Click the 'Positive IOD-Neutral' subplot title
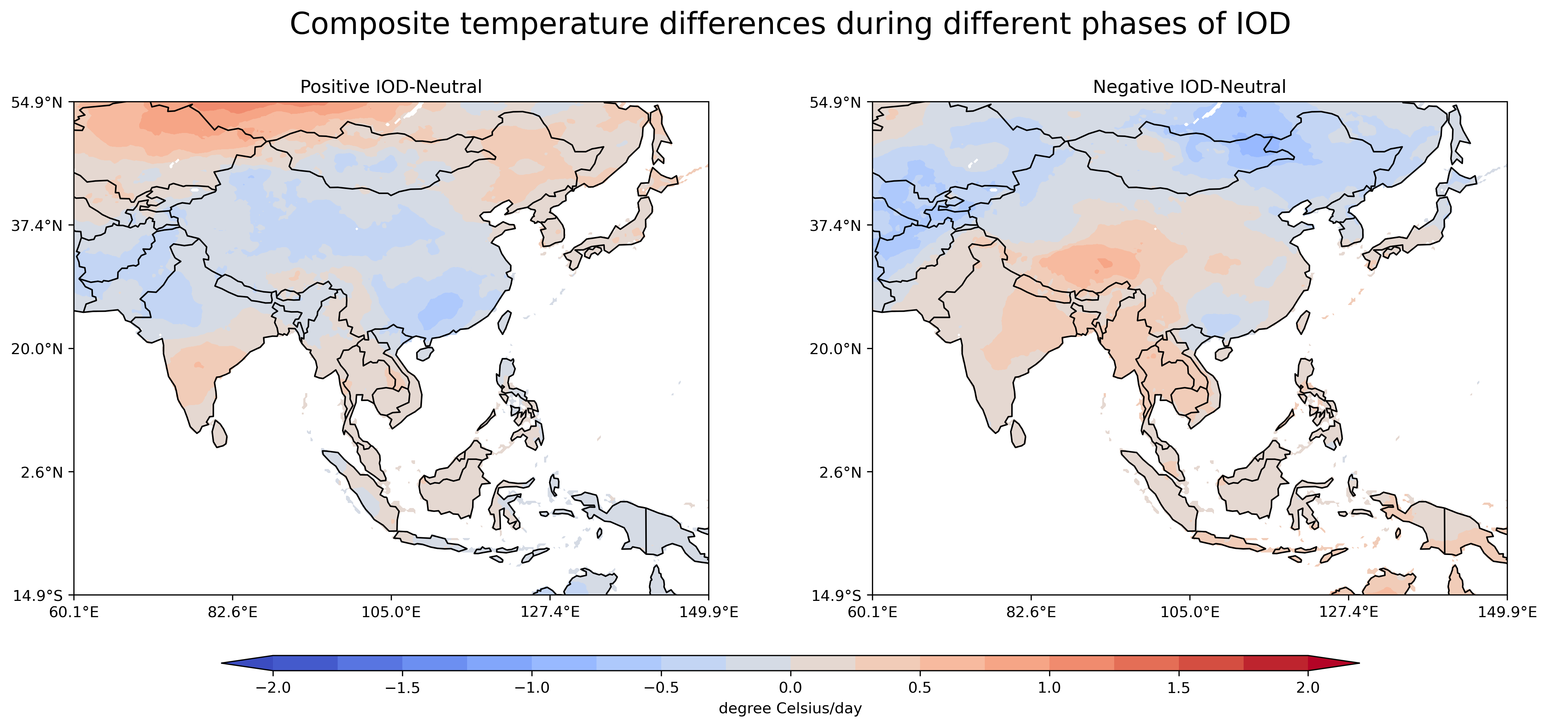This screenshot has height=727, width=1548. [x=390, y=87]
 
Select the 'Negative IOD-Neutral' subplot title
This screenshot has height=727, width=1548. [x=1189, y=87]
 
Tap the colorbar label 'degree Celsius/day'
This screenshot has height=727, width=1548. [x=790, y=708]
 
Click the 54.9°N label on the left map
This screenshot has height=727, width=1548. [x=37, y=103]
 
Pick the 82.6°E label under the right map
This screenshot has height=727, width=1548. [x=1031, y=612]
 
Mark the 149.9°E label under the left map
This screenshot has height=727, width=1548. [x=709, y=612]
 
